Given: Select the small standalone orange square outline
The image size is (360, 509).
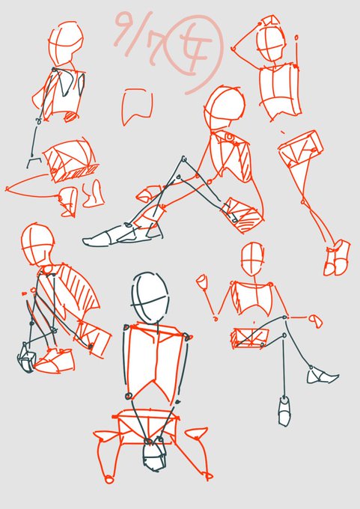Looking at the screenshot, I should [137, 106].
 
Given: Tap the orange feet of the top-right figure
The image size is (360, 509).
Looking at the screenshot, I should [336, 257].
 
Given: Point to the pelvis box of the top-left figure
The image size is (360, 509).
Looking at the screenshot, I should [68, 162].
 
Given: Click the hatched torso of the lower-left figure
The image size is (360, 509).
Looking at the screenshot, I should [80, 290].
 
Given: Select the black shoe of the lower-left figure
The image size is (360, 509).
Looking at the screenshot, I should [27, 357].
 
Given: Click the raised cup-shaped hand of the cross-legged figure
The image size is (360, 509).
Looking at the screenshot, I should [201, 281].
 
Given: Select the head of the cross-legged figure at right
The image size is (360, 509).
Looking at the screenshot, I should [251, 260].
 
